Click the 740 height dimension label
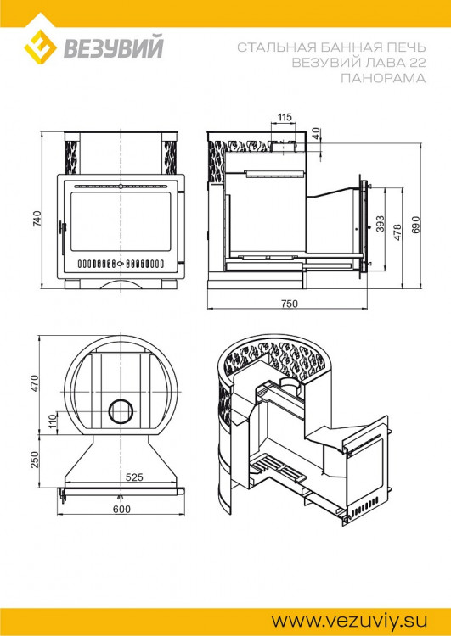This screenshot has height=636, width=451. pos(37,219)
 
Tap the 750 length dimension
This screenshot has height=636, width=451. pos(290,304)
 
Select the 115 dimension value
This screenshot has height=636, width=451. pos(285,117)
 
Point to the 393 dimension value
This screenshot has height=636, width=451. pos(381,224)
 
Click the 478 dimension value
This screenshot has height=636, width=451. pos(397,232)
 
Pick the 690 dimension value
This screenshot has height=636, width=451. pos(415,225)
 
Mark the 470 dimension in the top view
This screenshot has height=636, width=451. pos(35,383)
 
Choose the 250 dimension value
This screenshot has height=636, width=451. pos(35,460)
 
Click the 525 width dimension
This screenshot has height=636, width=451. pos(134,477)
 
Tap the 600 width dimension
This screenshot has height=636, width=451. pos(122,509)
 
